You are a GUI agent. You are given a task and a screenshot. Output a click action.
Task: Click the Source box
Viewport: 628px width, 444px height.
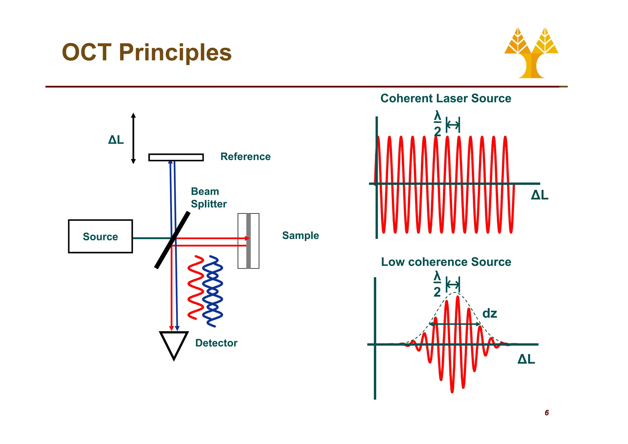100,236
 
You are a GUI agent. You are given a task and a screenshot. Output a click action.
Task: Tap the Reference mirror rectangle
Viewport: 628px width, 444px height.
176,157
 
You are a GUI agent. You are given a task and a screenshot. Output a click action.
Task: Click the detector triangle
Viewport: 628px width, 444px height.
174,344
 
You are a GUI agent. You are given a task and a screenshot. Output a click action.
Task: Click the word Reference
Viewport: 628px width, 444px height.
245,157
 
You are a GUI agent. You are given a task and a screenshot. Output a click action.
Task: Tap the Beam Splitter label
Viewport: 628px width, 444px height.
208,198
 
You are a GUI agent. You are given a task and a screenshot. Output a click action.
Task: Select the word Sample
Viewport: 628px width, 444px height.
300,235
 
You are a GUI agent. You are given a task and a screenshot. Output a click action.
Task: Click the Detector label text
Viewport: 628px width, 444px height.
216,343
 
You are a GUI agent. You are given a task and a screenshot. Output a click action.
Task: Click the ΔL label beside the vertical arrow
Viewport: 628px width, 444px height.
116,140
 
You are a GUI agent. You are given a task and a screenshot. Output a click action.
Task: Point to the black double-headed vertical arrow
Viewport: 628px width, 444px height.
133,138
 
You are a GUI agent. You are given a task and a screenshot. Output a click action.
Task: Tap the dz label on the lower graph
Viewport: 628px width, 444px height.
489,314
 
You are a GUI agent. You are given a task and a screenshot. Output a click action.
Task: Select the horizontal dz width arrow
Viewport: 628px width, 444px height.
454,324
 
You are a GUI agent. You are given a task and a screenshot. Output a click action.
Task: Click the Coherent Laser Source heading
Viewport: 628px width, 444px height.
446,98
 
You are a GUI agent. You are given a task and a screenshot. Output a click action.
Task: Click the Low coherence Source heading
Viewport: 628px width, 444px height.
446,262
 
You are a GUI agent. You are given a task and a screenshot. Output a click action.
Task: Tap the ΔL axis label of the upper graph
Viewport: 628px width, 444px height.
539,195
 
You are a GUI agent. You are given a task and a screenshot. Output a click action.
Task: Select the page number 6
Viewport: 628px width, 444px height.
546,413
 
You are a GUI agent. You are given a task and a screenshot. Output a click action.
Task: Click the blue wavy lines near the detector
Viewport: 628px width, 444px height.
213,291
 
